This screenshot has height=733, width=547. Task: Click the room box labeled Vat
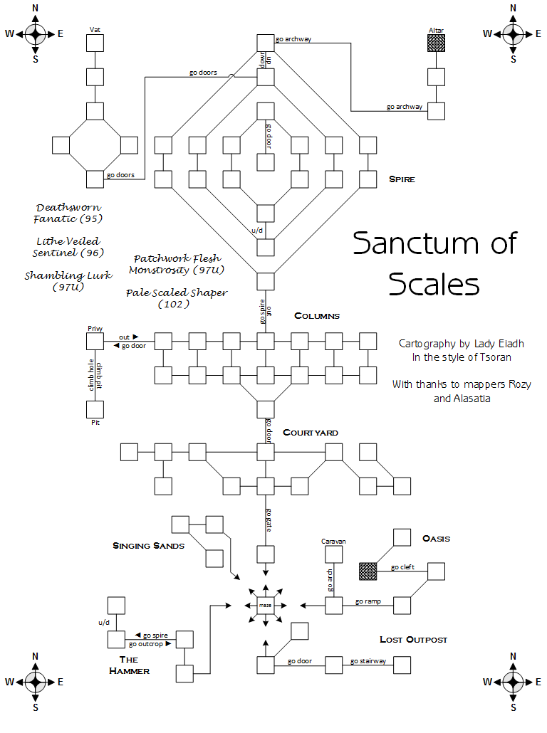(x=95, y=43)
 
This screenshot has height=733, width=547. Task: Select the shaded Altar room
(x=436, y=43)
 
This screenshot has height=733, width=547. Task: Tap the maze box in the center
(x=266, y=605)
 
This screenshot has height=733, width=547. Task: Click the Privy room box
(x=95, y=341)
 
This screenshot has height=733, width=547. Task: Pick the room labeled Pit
(x=95, y=409)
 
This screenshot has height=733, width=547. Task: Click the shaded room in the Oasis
(x=368, y=571)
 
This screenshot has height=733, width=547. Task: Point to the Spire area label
(x=402, y=179)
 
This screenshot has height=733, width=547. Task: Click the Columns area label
(x=317, y=315)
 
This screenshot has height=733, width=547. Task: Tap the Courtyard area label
(x=311, y=433)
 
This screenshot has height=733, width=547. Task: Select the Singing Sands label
(x=148, y=546)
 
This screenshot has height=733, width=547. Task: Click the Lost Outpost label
(x=413, y=640)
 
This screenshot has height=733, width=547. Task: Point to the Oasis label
(x=436, y=538)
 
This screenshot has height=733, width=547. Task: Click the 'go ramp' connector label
(x=368, y=601)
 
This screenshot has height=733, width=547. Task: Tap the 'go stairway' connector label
(x=368, y=661)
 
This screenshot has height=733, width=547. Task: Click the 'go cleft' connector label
(x=402, y=567)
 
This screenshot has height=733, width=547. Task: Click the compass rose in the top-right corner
(x=513, y=33)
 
